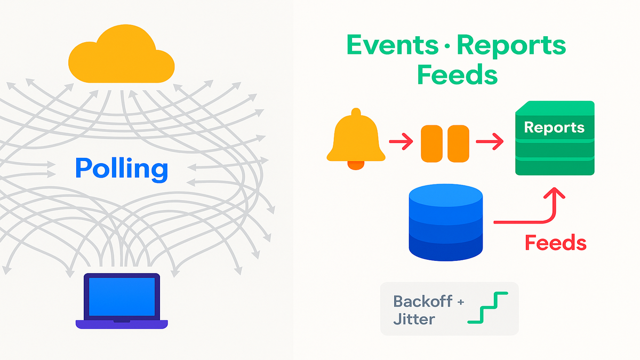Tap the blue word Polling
coord(122,170)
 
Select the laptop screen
coord(122,297)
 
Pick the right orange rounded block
coord(458,143)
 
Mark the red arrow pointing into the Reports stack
coord(490,142)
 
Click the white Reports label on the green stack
coord(554,128)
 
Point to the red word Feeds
coord(555,243)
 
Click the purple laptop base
coord(122,324)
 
